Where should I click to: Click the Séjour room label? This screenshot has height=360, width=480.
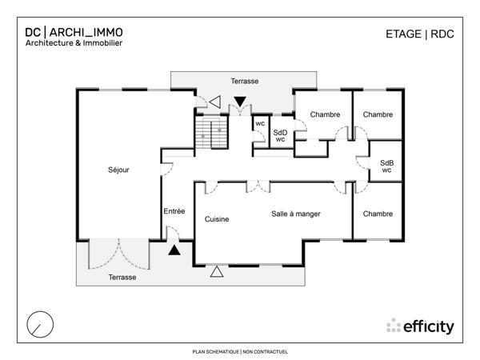click(118, 170)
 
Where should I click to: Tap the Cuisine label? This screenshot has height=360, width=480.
click(217, 218)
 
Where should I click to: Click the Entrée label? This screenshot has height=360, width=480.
click(174, 211)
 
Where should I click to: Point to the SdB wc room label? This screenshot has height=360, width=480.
click(386, 166)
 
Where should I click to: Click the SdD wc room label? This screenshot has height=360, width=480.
click(280, 136)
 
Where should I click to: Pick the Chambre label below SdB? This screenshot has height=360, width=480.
click(378, 214)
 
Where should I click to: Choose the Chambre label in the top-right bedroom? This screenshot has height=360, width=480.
click(378, 114)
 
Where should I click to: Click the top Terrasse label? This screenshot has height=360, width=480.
click(244, 82)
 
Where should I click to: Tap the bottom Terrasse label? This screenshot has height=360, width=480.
click(122, 277)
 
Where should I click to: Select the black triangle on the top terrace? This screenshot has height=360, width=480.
click(240, 101)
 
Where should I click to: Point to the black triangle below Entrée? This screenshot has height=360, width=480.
click(174, 250)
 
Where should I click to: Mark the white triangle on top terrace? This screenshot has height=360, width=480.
click(216, 102)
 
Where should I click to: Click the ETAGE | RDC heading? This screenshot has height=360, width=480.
click(419, 34)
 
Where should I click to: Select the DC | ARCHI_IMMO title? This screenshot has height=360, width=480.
click(74, 33)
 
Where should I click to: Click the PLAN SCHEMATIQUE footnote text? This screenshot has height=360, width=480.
click(240, 351)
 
